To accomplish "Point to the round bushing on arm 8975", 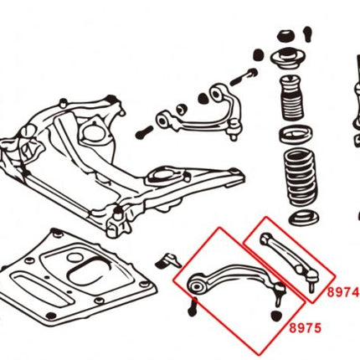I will tap(196, 287).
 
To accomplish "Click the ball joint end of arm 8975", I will tap(275, 292).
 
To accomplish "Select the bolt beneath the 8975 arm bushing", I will tap(193, 308).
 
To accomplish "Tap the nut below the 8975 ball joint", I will tap(277, 316).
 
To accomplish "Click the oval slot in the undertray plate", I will tap(84, 276).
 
